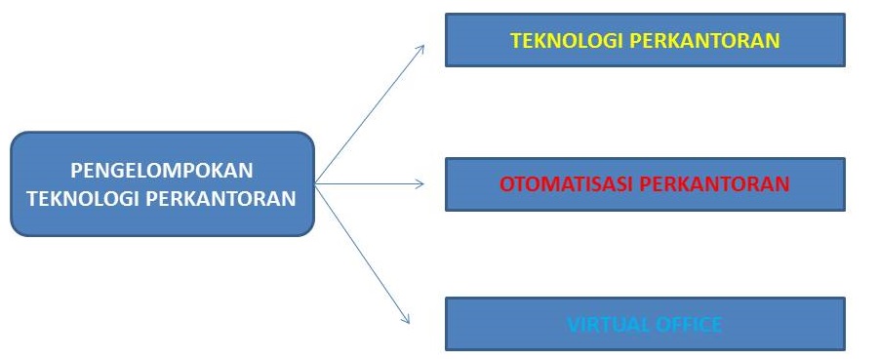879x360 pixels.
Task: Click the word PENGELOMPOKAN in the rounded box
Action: (x=162, y=170)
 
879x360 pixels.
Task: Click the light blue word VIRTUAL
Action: (x=605, y=324)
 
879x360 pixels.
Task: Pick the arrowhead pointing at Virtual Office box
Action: (x=404, y=319)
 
